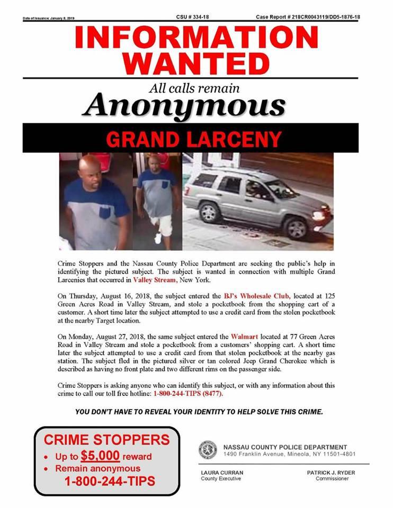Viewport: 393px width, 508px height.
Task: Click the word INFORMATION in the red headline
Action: pos(196,39)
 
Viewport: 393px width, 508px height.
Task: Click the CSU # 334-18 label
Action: pos(192,17)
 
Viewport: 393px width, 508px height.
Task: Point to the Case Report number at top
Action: pos(307,17)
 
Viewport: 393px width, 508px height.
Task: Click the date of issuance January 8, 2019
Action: pos(48,19)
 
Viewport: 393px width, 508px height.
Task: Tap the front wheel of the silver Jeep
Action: pos(296,226)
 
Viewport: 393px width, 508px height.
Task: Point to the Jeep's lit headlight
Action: pos(319,215)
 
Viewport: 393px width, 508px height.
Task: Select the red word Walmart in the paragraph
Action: pos(245,336)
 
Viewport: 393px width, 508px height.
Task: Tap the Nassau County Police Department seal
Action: pos(208,450)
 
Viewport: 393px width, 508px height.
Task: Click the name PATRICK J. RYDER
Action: pos(332,472)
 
